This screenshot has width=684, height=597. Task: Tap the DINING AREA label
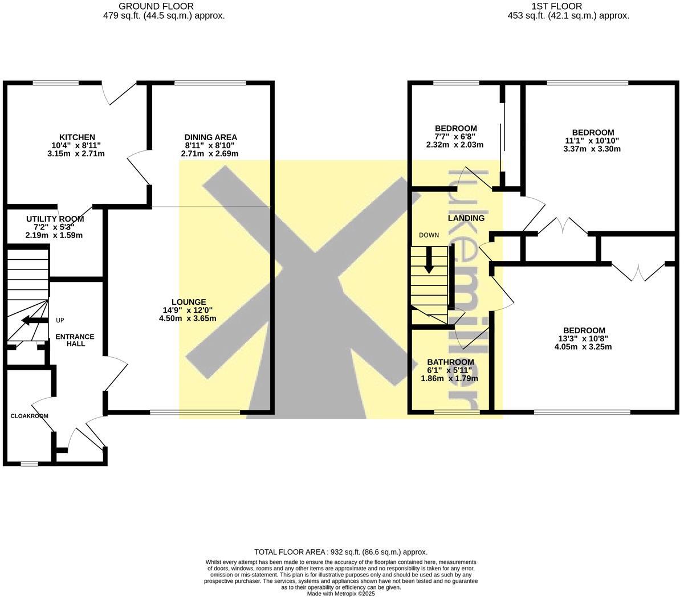point(210,137)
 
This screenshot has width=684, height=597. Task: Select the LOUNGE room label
point(189,302)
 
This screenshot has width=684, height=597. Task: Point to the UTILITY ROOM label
point(55,219)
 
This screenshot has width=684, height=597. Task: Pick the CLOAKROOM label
point(29,416)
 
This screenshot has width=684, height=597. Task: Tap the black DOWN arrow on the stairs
point(429,260)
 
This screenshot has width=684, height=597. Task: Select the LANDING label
point(466,218)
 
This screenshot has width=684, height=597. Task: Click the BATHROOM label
point(450,362)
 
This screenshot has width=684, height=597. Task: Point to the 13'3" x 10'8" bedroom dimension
point(584,338)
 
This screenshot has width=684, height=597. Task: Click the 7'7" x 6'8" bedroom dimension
point(455,137)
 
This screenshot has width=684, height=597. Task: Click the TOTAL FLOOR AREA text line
point(341,552)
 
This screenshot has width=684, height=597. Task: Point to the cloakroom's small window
point(30,464)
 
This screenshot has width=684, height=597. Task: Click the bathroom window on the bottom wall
point(457,411)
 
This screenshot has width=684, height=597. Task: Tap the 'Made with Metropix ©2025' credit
point(341,593)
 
